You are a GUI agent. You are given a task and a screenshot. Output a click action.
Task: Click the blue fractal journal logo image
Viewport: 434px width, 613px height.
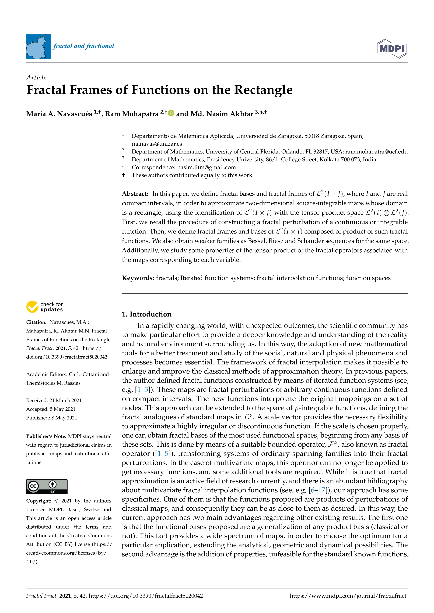38,46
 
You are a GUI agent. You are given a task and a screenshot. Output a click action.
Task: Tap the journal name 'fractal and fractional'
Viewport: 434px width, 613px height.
84,46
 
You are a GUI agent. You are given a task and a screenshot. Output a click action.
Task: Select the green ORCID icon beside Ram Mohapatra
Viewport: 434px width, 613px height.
171,113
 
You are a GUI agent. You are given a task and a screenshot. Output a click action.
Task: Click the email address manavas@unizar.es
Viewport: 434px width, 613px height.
157,144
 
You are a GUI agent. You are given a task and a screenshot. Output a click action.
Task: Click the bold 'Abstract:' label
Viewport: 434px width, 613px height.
135,194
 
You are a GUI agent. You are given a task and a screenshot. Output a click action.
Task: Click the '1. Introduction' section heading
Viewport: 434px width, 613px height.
146,314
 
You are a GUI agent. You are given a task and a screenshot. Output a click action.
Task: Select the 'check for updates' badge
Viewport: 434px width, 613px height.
45,307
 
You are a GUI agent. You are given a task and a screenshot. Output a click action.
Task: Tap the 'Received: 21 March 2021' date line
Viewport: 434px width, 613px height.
54,400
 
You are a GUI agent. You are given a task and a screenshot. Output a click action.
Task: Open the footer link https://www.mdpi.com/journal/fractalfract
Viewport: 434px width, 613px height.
348,596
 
